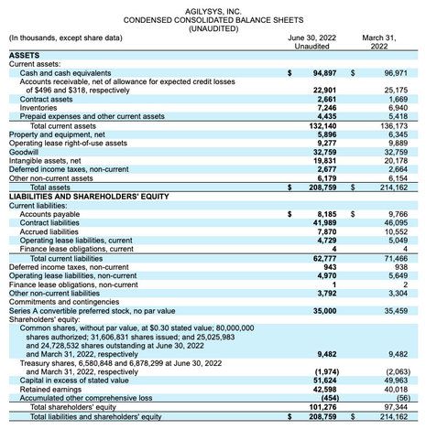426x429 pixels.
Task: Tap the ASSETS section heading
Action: pos(27,55)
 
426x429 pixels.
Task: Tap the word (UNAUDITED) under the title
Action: pos(213,27)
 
